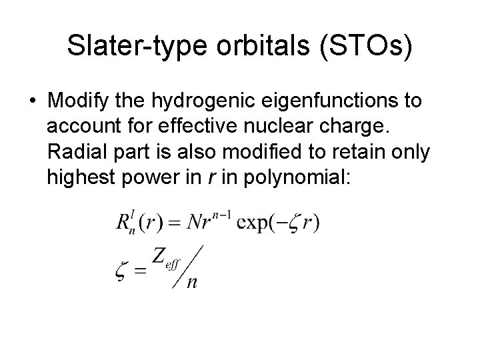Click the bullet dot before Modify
tap(31, 101)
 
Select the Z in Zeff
tap(161, 255)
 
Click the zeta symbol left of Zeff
tap(122, 269)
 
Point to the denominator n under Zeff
tap(192, 283)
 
